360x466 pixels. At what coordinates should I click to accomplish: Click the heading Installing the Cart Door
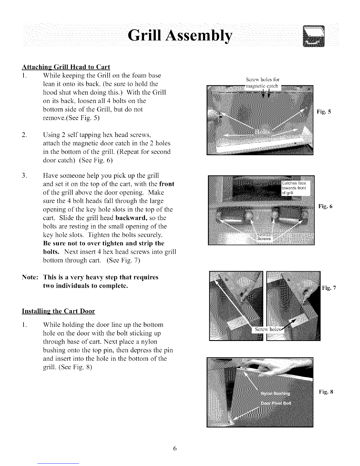[x=59, y=311]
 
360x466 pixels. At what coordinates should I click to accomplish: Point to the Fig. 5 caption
[x=324, y=112]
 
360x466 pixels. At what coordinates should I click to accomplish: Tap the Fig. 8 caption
[x=326, y=392]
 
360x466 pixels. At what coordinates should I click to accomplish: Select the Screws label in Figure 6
[x=264, y=239]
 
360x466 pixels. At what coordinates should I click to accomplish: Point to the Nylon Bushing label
[x=275, y=394]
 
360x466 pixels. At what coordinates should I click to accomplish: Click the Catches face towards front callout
[x=294, y=188]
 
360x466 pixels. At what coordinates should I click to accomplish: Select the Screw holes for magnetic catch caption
[x=263, y=82]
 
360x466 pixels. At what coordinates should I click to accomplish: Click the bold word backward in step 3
[x=132, y=218]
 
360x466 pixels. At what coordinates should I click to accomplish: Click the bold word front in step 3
[x=166, y=184]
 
